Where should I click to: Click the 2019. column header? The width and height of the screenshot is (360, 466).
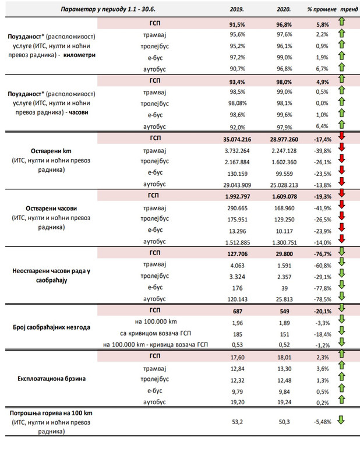[x=237, y=9]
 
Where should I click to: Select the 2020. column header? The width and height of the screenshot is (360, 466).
[x=284, y=9]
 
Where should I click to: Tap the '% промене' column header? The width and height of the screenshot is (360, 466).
[x=322, y=9]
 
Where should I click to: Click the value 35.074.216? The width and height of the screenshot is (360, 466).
[x=237, y=139]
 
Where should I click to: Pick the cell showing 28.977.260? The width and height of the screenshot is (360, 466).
[x=284, y=139]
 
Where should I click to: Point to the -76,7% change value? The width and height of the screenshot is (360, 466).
[x=323, y=254]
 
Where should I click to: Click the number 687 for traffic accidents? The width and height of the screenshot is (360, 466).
[x=238, y=312]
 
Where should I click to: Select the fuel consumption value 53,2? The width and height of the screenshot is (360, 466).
[x=237, y=422]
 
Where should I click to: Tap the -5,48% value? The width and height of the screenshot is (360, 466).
[x=323, y=422]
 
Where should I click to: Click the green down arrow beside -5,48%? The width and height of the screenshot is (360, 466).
[x=341, y=420]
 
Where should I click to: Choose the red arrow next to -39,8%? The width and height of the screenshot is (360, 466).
[x=341, y=147]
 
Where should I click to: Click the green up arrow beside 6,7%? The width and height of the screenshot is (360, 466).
[x=341, y=67]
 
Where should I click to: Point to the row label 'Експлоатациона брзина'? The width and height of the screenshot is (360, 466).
[x=51, y=379]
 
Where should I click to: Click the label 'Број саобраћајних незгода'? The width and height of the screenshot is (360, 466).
[x=51, y=327]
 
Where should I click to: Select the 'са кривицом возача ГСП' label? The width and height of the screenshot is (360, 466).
[x=156, y=333]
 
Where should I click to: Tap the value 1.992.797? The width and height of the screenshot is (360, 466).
[x=238, y=197]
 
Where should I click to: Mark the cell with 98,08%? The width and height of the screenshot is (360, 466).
[x=238, y=104]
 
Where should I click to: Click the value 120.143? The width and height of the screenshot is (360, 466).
[x=238, y=299]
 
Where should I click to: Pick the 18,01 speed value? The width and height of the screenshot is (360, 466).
[x=284, y=358]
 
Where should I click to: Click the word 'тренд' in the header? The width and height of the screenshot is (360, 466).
[x=349, y=9]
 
